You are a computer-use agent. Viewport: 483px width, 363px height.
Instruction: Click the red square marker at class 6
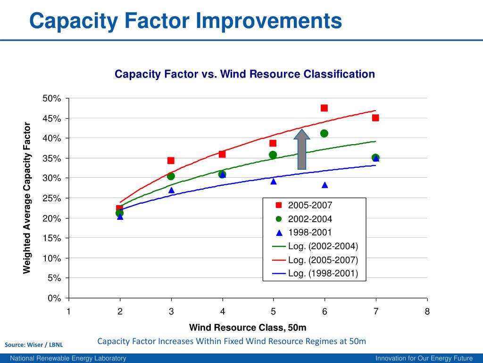coord(324,108)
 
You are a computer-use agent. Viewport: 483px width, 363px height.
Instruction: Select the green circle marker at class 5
coord(273,155)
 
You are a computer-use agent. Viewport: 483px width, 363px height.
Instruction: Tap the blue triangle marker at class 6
coord(325,185)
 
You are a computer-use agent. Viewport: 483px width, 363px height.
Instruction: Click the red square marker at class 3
coord(171,161)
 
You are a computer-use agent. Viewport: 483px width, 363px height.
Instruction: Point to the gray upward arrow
coord(302,149)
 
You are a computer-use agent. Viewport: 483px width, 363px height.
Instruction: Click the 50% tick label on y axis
coord(52,98)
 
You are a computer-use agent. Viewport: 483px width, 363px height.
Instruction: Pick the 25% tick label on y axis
coord(52,199)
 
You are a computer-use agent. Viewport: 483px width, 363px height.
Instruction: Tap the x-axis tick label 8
coord(427,311)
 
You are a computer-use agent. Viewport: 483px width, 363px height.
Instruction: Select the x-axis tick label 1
coord(69,311)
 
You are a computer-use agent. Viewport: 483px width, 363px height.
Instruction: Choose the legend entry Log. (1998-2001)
coord(323,273)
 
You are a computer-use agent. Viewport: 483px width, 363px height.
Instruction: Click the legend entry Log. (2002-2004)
coord(323,246)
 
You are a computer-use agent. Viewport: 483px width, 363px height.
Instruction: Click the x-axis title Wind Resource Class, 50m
coord(248,328)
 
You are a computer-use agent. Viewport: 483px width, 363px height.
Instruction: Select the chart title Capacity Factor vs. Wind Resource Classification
coord(245,74)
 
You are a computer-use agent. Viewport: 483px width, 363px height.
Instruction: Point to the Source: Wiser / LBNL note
coord(33,345)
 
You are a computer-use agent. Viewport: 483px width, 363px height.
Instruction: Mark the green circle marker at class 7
coord(375,157)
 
